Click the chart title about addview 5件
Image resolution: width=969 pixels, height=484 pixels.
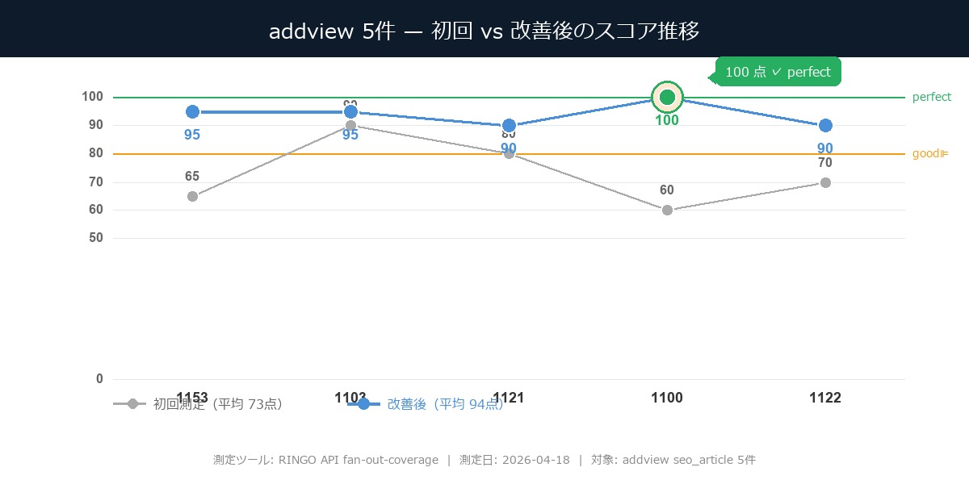coord(484,31)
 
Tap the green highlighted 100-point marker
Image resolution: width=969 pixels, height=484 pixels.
coord(667,98)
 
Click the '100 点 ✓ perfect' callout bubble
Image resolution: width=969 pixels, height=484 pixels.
coord(778,72)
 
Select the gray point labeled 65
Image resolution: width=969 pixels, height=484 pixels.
coord(192,196)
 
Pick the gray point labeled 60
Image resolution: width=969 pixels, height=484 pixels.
coord(667,210)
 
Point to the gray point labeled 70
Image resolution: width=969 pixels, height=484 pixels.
coord(825,182)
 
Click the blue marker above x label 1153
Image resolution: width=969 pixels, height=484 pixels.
coord(192,111)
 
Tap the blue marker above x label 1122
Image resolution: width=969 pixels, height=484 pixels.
coord(825,125)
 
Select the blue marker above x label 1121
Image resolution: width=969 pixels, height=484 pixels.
coord(509,125)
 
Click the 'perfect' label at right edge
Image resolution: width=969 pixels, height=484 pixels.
coord(932,97)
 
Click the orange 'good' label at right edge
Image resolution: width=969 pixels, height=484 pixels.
coord(929,153)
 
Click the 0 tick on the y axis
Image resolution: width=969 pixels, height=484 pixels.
coord(99,379)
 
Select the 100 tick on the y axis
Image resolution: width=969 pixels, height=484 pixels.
coord(92,97)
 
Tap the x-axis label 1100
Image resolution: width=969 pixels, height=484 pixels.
coord(667,398)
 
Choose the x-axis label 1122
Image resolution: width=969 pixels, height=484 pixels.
coord(825,398)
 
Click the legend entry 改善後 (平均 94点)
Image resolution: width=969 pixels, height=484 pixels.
coord(444,404)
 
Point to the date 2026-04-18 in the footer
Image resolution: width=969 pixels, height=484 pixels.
coord(535,460)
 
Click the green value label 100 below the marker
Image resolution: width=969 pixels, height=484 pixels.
coord(667,121)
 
